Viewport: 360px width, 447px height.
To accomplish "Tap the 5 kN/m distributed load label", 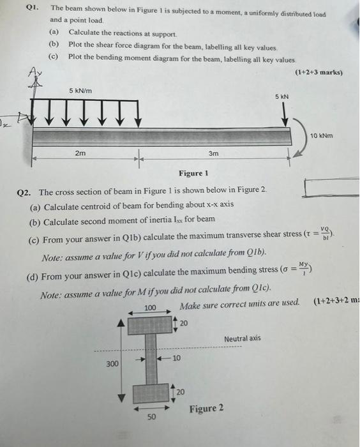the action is (x=80, y=91).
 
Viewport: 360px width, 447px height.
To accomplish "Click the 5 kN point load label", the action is (x=282, y=96).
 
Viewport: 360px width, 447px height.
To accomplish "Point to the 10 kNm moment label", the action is (x=322, y=135).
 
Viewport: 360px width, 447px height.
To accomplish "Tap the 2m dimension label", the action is (x=81, y=153).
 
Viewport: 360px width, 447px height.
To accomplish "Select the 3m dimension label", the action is (x=214, y=153).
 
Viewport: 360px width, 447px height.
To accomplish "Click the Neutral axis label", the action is (x=242, y=338).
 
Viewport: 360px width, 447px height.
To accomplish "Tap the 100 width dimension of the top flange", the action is (x=150, y=308).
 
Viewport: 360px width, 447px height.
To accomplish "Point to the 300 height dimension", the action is (x=112, y=363).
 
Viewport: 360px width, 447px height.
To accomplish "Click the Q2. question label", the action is (x=28, y=192).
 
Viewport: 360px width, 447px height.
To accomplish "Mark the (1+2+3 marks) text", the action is (x=319, y=72).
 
